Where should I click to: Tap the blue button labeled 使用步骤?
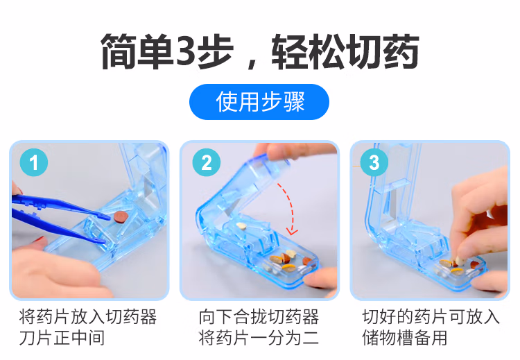(259, 102)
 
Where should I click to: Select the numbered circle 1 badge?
(34, 162)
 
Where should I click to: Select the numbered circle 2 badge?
(207, 162)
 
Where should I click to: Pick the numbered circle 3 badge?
(374, 162)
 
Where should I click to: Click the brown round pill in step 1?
(121, 216)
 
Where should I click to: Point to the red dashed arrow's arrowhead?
(292, 231)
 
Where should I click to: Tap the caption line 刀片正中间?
(62, 338)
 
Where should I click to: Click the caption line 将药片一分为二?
(259, 338)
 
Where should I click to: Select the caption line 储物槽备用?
(405, 338)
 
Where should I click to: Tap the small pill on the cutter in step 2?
(241, 226)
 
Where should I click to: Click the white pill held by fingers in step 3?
(460, 260)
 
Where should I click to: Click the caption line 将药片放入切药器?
(87, 316)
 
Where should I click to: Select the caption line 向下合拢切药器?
(259, 316)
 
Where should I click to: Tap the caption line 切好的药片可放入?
(431, 316)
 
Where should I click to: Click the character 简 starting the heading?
(119, 51)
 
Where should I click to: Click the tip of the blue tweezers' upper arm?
(109, 218)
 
